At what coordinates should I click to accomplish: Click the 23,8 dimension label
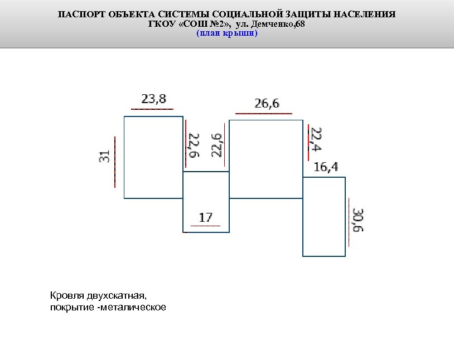click(x=153, y=99)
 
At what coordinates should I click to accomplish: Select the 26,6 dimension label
click(x=267, y=103)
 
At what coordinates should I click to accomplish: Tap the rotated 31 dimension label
click(x=104, y=158)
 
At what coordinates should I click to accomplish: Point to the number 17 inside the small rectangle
click(x=205, y=217)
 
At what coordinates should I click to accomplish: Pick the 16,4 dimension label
click(x=326, y=167)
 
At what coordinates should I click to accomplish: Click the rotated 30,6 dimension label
click(x=358, y=221)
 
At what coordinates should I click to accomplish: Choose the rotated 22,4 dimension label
click(x=316, y=139)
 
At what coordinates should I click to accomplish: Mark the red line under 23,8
click(x=152, y=109)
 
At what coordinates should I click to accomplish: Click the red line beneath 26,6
click(x=264, y=114)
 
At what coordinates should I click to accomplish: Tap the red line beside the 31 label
click(x=114, y=162)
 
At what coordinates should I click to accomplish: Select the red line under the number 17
click(x=205, y=226)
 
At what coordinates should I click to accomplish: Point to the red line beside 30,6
click(x=349, y=221)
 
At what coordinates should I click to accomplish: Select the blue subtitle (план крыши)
click(x=226, y=33)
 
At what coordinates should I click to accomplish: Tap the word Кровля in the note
click(x=64, y=294)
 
